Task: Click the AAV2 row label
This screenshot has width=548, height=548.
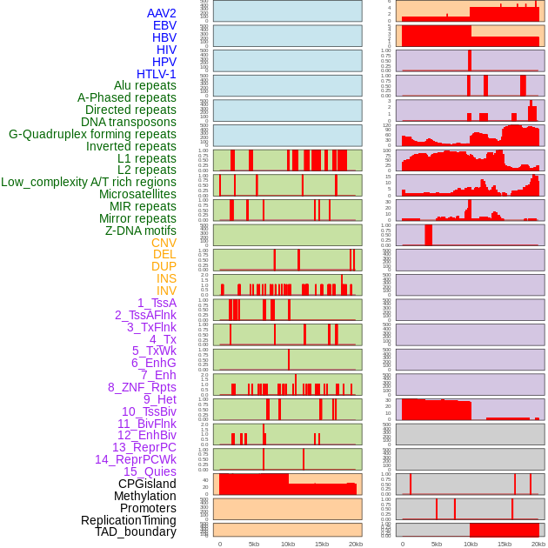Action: click(x=161, y=13)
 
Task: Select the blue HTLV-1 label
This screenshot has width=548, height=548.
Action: click(x=156, y=74)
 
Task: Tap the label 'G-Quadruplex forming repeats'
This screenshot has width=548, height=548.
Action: click(x=92, y=134)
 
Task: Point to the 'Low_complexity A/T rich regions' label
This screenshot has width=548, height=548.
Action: click(x=89, y=182)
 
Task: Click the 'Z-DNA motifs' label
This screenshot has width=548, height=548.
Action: click(x=140, y=231)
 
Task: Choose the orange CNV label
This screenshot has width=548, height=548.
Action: click(x=164, y=243)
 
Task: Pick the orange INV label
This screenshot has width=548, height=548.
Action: click(x=166, y=291)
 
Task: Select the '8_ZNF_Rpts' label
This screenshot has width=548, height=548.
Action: click(x=142, y=387)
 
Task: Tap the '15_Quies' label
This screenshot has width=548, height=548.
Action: click(x=150, y=471)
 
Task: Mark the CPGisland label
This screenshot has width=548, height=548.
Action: click(x=147, y=484)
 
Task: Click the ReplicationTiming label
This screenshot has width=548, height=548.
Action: click(x=128, y=520)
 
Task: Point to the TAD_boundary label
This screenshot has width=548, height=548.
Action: click(x=136, y=531)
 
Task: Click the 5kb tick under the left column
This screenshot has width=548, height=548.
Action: click(x=254, y=544)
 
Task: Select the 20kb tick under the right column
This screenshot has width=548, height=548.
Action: click(x=538, y=544)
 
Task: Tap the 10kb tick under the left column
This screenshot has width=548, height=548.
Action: click(x=288, y=544)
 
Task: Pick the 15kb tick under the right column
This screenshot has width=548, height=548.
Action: click(x=505, y=544)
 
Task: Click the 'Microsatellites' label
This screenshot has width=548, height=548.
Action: click(x=137, y=194)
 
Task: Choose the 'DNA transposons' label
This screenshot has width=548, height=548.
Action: click(x=129, y=122)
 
